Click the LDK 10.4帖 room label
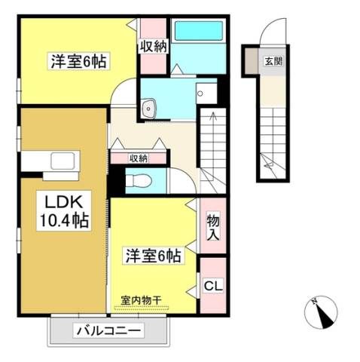(x=64, y=210)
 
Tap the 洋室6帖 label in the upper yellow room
(x=79, y=61)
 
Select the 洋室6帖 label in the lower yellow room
(x=154, y=256)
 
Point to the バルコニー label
(x=108, y=330)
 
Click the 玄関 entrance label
(x=274, y=61)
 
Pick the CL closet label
(x=213, y=286)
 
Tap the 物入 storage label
(x=213, y=225)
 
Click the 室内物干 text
(x=141, y=300)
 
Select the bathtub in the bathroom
(x=199, y=31)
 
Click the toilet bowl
(x=139, y=180)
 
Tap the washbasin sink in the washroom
(x=149, y=108)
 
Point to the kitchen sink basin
(x=63, y=161)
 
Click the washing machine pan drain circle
(x=200, y=94)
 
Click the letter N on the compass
(x=314, y=302)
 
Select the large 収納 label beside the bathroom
(x=154, y=46)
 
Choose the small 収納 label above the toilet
(x=139, y=158)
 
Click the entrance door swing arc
(x=273, y=29)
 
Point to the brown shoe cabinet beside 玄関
(x=252, y=61)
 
